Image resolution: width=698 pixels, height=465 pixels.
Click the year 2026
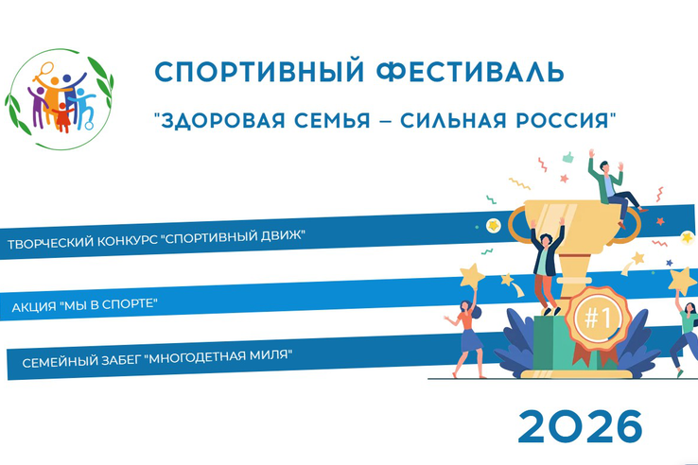(579, 426)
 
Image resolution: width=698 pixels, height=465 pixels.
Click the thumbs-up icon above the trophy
(567, 156)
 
